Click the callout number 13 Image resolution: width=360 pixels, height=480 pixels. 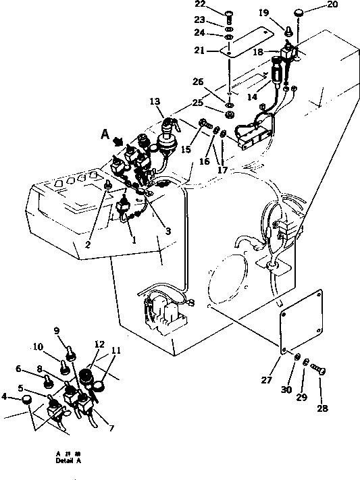click(x=156, y=101)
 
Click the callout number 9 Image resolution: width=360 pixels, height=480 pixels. click(x=57, y=331)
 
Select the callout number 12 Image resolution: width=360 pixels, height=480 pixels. click(x=99, y=344)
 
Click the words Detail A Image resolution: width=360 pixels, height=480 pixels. click(x=69, y=460)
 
